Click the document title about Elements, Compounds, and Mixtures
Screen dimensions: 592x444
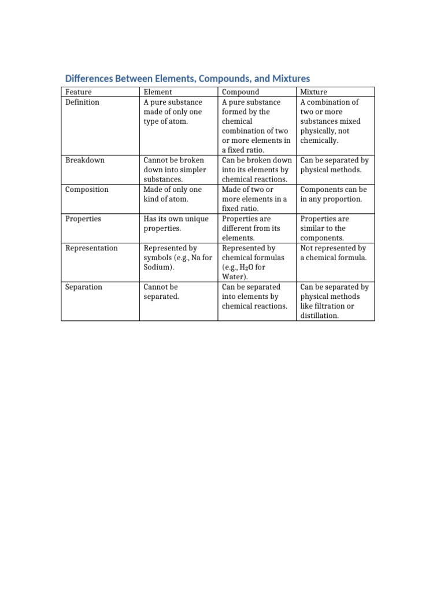187,79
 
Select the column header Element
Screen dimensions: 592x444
157,92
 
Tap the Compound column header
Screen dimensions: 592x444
240,92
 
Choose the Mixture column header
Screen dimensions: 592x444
313,92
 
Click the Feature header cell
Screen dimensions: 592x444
79,92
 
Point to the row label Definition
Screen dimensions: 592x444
82,102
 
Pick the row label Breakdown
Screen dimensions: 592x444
85,160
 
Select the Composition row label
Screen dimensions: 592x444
87,190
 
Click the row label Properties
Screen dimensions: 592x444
83,219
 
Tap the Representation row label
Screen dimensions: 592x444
91,249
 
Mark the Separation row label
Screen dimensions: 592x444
84,287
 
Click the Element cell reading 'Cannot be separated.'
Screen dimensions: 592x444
161,292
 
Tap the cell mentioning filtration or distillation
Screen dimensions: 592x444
335,301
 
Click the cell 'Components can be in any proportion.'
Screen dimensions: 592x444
334,194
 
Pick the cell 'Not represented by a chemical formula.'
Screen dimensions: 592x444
334,253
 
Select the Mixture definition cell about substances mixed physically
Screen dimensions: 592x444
330,121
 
